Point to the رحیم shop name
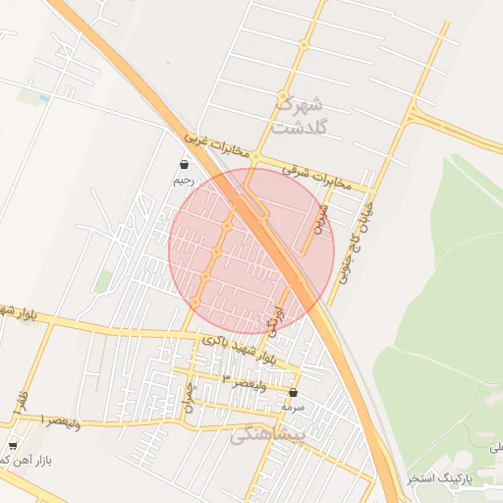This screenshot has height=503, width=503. (185, 180)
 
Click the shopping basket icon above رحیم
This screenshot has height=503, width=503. (185, 164)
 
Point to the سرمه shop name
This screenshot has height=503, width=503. (293, 407)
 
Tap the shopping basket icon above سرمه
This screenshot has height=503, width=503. (293, 392)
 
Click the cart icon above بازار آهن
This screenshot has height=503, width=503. (13, 445)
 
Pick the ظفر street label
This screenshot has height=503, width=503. (21, 401)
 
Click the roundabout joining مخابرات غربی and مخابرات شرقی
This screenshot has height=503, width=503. (254, 157)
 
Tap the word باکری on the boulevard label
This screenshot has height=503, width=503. (218, 339)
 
